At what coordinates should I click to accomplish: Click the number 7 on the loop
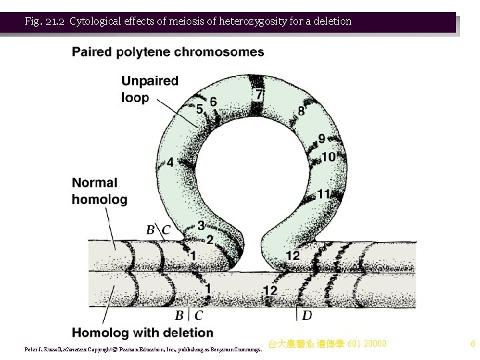point(259,95)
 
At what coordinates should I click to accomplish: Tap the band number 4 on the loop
point(171,162)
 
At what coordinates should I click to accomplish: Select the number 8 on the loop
point(302,111)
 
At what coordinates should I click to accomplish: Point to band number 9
point(321,139)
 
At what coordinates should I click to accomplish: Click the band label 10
point(328,157)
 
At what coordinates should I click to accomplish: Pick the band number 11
point(324,194)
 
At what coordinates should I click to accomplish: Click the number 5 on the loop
point(199,109)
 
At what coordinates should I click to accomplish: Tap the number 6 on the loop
point(213,101)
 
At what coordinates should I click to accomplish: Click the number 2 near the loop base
point(209,239)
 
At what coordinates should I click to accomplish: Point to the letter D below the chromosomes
point(307,315)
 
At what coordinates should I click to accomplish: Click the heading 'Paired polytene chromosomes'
point(168,52)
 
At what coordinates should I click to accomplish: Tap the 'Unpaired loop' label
point(150,89)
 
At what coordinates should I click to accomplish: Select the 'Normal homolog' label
point(99,191)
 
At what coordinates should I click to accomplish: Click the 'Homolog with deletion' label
point(143,333)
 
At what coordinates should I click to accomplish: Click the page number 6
point(473,344)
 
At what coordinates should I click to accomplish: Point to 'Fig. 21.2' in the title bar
point(44,21)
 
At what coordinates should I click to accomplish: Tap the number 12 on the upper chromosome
point(293,255)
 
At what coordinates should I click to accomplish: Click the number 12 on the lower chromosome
point(269,291)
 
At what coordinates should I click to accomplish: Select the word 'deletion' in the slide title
point(329,21)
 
